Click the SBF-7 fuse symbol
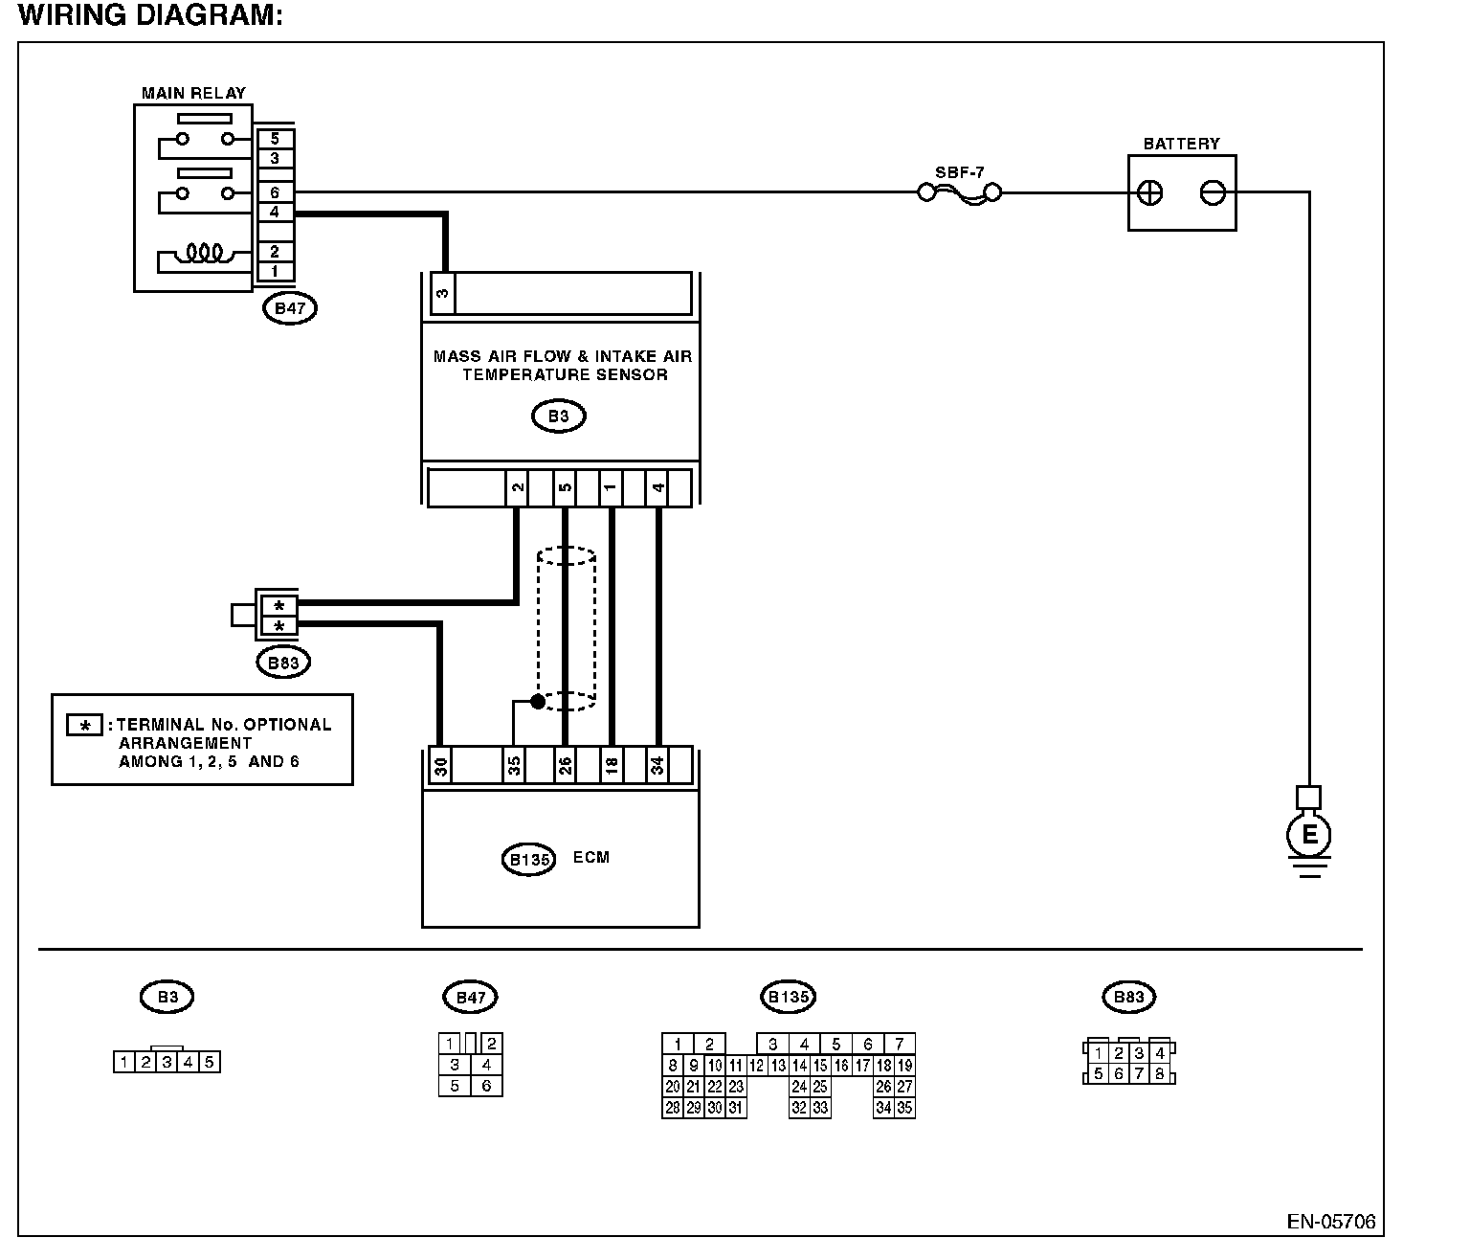pyautogui.click(x=960, y=192)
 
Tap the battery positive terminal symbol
pyautogui.click(x=1150, y=192)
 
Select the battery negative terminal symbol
pyautogui.click(x=1213, y=192)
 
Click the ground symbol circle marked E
pyautogui.click(x=1309, y=834)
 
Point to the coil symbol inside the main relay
pyautogui.click(x=205, y=253)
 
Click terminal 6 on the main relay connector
pyautogui.click(x=275, y=192)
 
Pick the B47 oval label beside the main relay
pyautogui.click(x=289, y=308)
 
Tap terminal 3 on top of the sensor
pyautogui.click(x=442, y=293)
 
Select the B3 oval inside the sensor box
pyautogui.click(x=559, y=416)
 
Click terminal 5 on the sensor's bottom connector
pyautogui.click(x=565, y=487)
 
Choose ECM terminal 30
pyautogui.click(x=441, y=766)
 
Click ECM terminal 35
pyautogui.click(x=514, y=766)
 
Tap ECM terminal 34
pyautogui.click(x=657, y=766)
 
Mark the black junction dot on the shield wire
pyautogui.click(x=539, y=702)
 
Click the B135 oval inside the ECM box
pyautogui.click(x=528, y=860)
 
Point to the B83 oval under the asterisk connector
pyautogui.click(x=283, y=663)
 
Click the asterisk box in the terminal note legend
pyautogui.click(x=84, y=725)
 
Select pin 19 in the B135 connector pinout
pyautogui.click(x=904, y=1066)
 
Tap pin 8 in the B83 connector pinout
pyautogui.click(x=1160, y=1073)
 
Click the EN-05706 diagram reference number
pyautogui.click(x=1331, y=1223)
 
